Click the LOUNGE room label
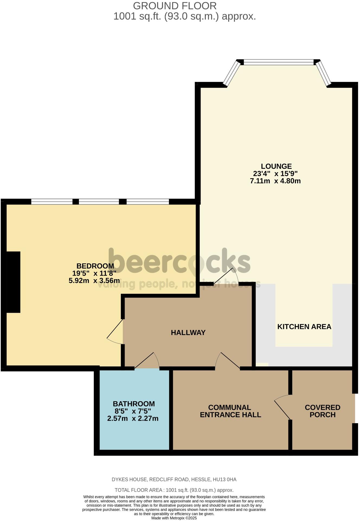(x=276, y=166)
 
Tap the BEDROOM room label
(x=95, y=266)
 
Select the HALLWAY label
(x=188, y=333)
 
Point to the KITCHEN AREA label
(x=304, y=327)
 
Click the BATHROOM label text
(x=134, y=404)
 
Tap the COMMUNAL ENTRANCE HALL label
(x=230, y=411)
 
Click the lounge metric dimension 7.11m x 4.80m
(x=275, y=181)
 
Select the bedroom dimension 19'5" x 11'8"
(x=94, y=273)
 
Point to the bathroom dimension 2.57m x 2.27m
(x=133, y=419)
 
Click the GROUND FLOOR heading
(x=175, y=6)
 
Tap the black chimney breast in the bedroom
(x=13, y=282)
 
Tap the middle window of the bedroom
(x=99, y=202)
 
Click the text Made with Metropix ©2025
(x=174, y=518)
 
